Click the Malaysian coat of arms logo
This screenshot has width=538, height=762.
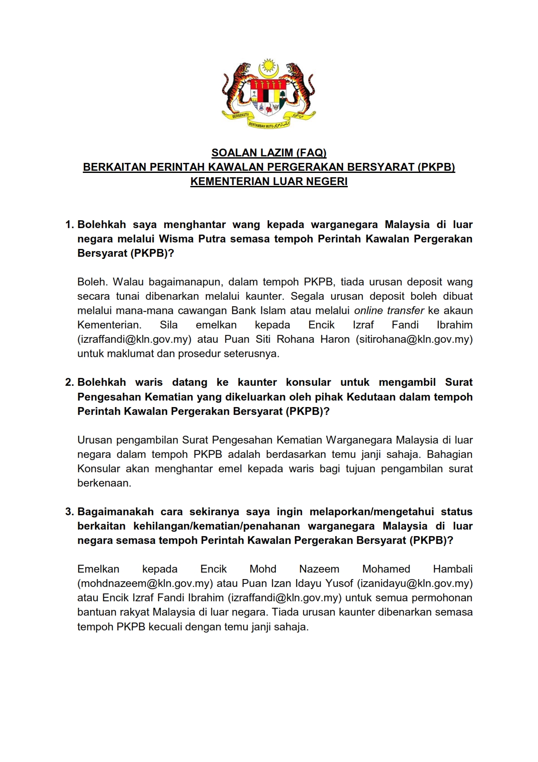click(269, 93)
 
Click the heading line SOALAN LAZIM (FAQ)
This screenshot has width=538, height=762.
click(269, 153)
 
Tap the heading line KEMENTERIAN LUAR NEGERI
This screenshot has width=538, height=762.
click(269, 182)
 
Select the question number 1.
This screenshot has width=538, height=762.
click(69, 225)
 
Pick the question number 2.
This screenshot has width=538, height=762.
click(69, 382)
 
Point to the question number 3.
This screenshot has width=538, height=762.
click(69, 512)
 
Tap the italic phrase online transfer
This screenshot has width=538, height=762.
click(389, 311)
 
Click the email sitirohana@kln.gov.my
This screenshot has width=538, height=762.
click(414, 339)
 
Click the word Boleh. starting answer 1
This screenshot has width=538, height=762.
click(92, 282)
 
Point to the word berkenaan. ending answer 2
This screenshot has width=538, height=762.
click(104, 483)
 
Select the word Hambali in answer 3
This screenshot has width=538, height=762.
click(453, 569)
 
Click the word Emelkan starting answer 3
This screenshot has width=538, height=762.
click(98, 569)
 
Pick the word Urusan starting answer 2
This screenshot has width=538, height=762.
click(94, 440)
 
